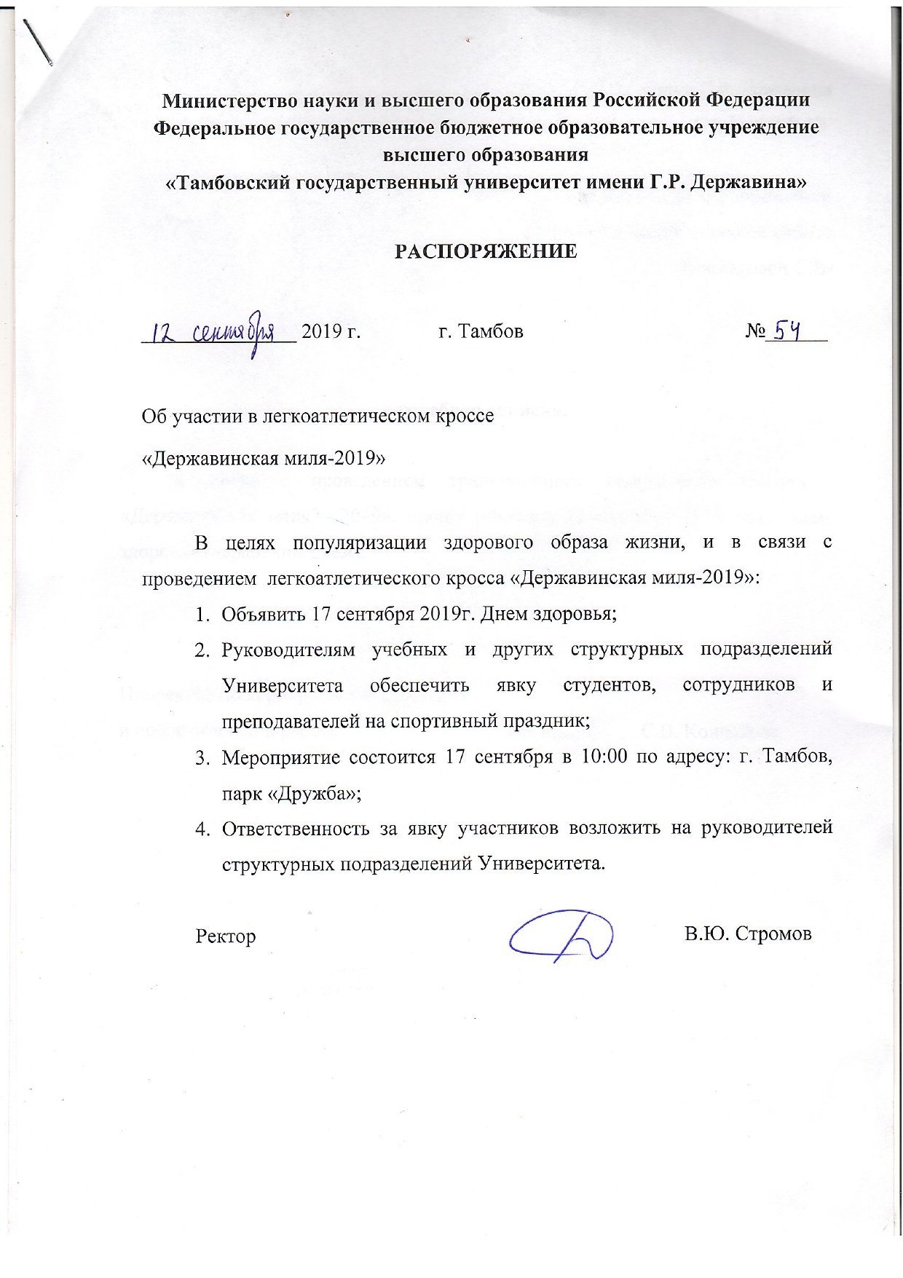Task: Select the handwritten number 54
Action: [x=786, y=333]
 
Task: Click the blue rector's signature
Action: [x=561, y=935]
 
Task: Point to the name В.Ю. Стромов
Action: [x=747, y=934]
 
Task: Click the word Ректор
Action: [x=226, y=936]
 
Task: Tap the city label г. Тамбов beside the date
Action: [x=481, y=332]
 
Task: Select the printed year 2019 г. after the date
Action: [x=331, y=332]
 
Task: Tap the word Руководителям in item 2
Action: [x=288, y=650]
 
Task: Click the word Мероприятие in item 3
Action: [x=281, y=757]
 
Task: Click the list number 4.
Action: [x=200, y=829]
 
